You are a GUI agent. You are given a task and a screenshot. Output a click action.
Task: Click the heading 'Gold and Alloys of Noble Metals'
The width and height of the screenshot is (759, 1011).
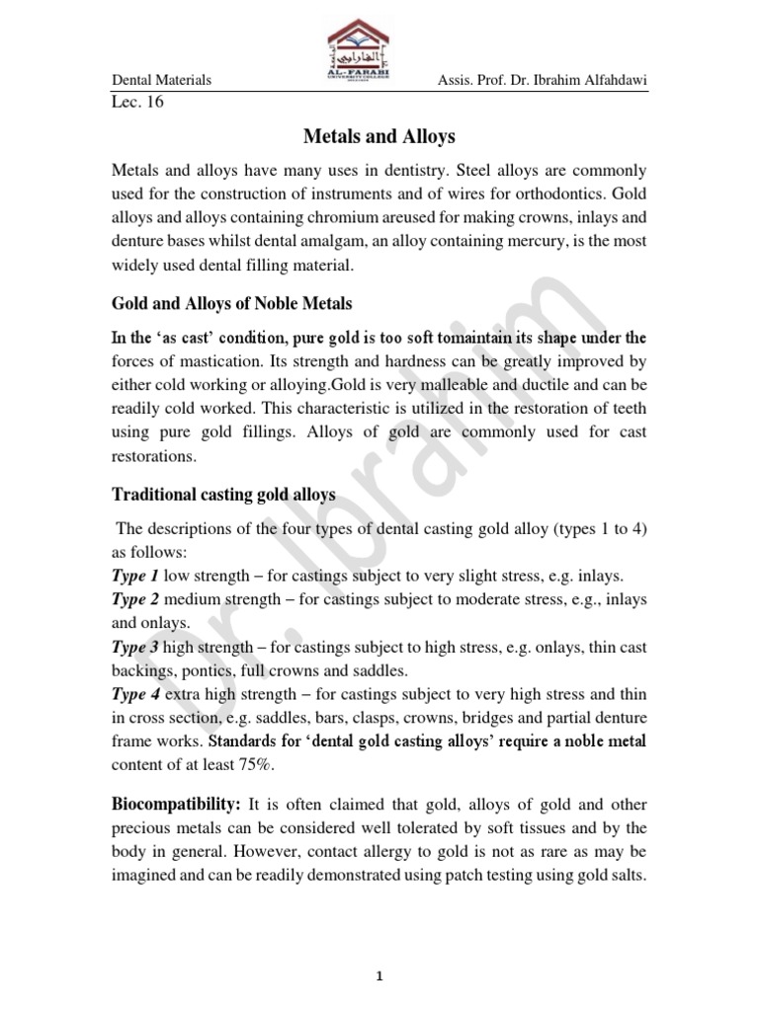pyautogui.click(x=231, y=303)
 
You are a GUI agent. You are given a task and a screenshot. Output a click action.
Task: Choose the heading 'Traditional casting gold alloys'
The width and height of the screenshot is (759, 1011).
pyautogui.click(x=223, y=494)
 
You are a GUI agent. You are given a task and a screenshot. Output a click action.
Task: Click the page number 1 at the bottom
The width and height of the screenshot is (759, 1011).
pyautogui.click(x=379, y=949)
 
